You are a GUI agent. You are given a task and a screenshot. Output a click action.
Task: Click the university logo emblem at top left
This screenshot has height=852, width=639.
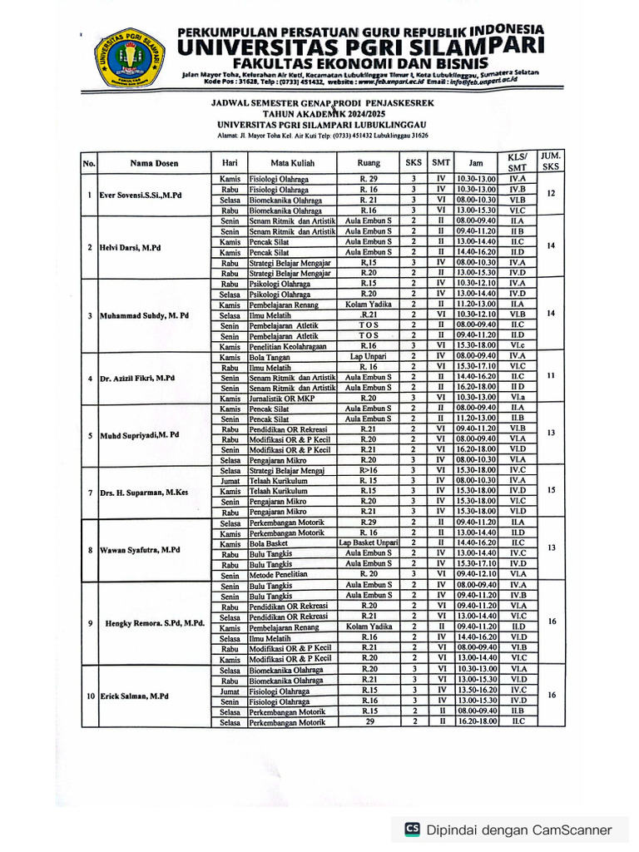129,60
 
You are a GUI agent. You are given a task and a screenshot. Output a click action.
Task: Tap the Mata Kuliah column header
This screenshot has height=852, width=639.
290,162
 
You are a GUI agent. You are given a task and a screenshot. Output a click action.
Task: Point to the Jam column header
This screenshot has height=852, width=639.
476,162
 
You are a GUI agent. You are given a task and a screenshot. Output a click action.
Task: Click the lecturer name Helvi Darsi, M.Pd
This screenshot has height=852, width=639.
131,248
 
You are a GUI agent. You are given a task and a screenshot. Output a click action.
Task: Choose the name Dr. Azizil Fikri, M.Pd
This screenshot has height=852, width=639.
137,378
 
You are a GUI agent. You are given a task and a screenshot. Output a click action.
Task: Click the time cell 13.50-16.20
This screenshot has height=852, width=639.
476,690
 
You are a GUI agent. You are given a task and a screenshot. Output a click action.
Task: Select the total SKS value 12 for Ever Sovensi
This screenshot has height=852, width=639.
550,194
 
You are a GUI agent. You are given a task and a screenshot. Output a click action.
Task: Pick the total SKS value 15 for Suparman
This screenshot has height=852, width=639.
550,491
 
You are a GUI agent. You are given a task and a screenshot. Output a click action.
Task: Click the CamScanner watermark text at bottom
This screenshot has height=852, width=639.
518,830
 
